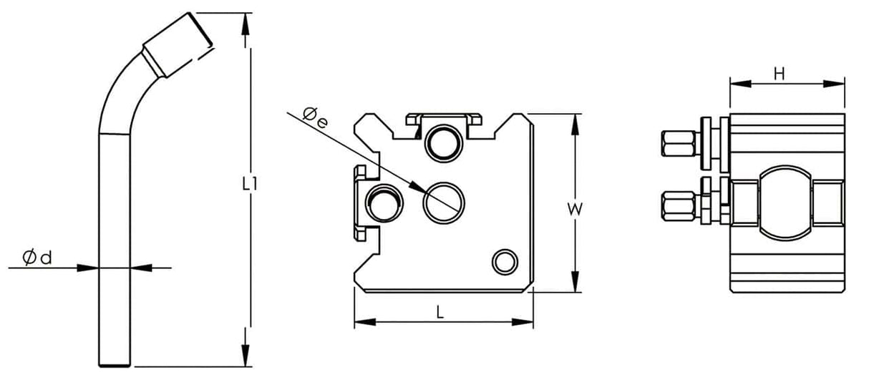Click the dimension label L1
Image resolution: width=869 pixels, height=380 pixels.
pos(248,184)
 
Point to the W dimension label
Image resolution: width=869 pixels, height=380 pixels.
pos(574,209)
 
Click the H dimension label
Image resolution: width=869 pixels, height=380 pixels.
pos(781,72)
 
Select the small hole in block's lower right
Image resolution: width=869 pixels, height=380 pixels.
pos(505,261)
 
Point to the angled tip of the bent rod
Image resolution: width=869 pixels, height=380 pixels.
pos(179,43)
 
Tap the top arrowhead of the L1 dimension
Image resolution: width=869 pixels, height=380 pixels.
pos(248,21)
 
